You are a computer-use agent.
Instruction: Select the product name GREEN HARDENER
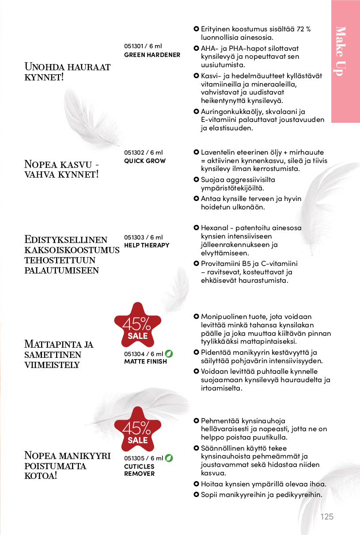pos(152,55)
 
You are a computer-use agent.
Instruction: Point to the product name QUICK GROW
pos(145,161)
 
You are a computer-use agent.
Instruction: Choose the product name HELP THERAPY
pos(147,245)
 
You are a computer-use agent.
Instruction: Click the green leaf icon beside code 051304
pos(169,353)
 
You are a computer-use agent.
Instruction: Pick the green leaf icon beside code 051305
pos(169,458)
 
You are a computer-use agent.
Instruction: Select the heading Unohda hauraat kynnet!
pos(67,72)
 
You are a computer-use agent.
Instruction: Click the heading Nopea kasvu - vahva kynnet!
pos(61,169)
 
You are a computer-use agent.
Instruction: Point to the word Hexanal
pos(214,228)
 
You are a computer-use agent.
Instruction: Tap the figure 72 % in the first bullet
pos(302,29)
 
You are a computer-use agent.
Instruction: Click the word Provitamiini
pos(220,264)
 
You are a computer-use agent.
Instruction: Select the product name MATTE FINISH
pos(145,361)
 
